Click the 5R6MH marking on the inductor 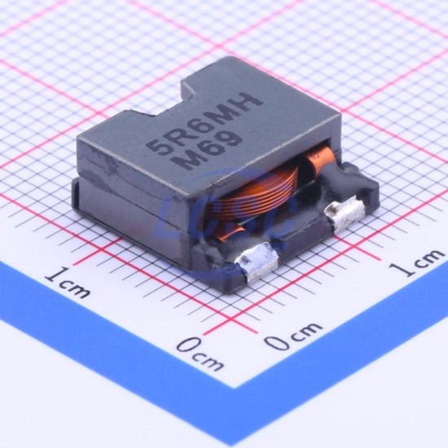coord(204,124)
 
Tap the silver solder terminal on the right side coord(345,213)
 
